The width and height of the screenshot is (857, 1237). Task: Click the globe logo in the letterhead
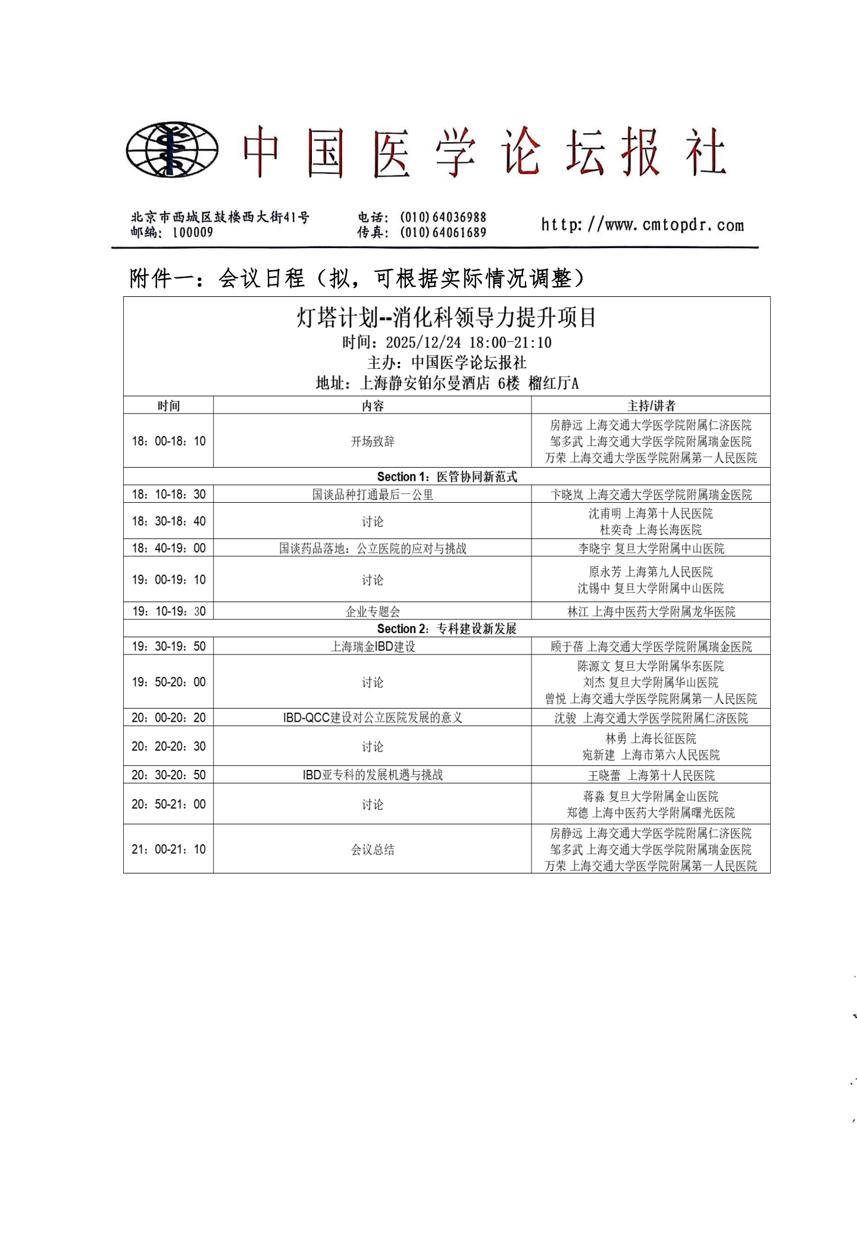[171, 150]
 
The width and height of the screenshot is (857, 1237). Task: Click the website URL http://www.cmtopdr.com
[642, 225]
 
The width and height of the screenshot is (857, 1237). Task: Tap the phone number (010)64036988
[443, 217]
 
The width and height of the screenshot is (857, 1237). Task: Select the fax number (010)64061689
[443, 233]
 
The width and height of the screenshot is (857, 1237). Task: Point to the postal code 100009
[192, 233]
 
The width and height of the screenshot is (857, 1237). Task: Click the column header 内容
[373, 406]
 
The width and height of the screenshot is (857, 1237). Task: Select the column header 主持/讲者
[651, 406]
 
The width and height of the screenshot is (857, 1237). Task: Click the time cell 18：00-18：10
[168, 441]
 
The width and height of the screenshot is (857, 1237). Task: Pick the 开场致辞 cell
[373, 441]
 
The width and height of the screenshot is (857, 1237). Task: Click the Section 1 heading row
[447, 477]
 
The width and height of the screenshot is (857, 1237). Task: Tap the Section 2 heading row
[447, 629]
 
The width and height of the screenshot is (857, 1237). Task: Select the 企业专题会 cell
[373, 612]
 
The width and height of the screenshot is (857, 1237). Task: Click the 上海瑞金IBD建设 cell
[373, 647]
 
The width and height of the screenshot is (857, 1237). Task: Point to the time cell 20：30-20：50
[168, 775]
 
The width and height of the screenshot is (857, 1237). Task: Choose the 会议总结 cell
[373, 850]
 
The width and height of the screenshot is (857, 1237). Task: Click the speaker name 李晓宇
[594, 549]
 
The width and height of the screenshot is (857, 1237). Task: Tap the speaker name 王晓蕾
[604, 775]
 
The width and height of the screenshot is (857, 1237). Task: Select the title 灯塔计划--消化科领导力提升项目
[446, 318]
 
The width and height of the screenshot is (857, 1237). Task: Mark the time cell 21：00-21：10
[168, 849]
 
